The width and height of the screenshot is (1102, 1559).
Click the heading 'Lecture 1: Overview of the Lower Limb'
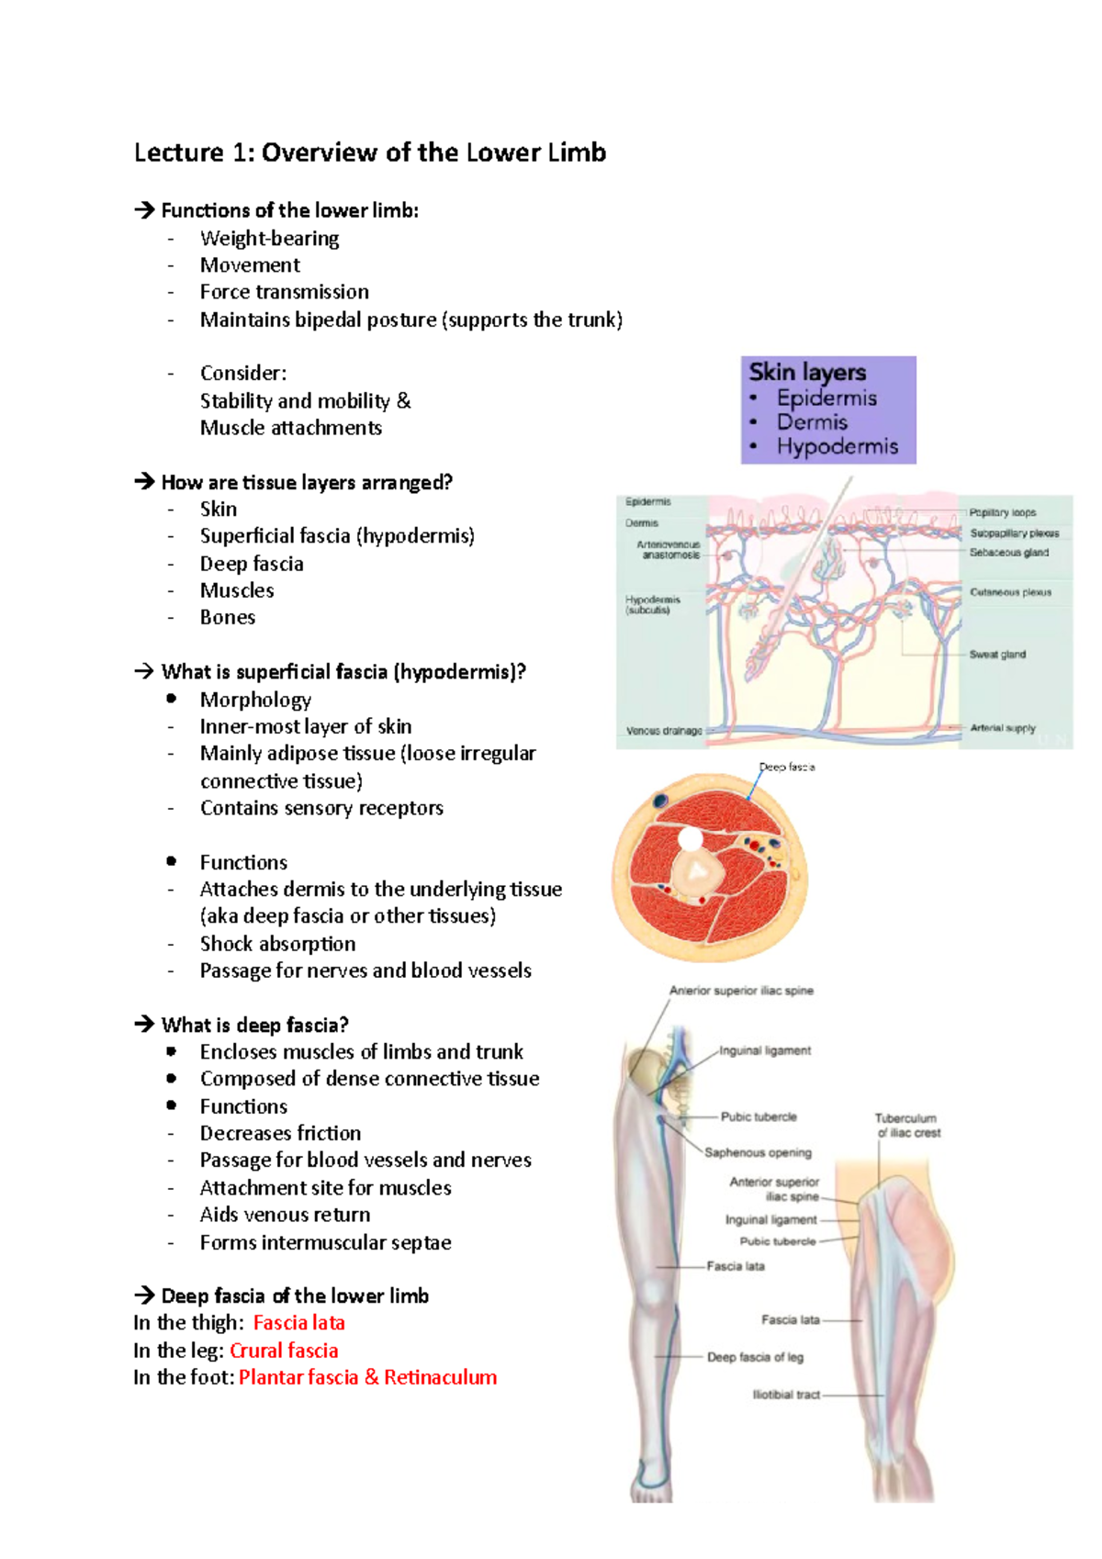[369, 152]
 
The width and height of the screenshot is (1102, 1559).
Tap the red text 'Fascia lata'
[298, 1323]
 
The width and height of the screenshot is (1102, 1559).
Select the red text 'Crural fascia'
[284, 1351]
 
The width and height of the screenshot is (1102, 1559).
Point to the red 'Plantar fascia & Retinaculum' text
[367, 1377]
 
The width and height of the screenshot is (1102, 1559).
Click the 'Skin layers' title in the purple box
[807, 373]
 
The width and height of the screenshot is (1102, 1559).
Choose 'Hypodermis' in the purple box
[837, 447]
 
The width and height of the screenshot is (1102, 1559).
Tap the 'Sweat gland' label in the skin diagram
[997, 655]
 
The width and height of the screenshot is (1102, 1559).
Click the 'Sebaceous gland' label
[1008, 553]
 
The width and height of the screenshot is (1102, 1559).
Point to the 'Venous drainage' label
[664, 731]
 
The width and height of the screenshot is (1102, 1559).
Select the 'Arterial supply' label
[1002, 728]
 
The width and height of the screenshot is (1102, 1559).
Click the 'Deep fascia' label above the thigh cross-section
[787, 767]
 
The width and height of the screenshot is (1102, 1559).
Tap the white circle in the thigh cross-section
[691, 839]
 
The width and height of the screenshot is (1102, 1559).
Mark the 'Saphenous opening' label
[758, 1152]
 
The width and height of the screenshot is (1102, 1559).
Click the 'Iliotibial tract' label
[786, 1395]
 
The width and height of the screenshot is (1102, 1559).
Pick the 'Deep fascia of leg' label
[755, 1357]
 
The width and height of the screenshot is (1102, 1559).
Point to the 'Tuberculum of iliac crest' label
[907, 1126]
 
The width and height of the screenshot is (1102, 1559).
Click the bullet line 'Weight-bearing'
[269, 239]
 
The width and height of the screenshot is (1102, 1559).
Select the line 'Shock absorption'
[277, 944]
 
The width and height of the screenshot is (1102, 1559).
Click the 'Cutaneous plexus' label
[1010, 592]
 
